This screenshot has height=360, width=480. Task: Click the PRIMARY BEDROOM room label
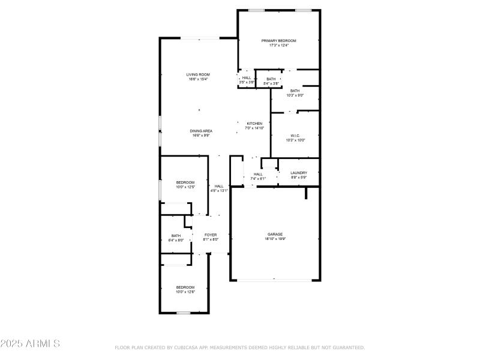click(279, 41)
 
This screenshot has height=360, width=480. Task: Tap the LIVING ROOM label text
click(197, 74)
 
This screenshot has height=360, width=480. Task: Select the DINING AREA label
click(201, 131)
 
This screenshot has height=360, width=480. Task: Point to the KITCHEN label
click(254, 124)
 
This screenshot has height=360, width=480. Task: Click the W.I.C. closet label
click(295, 136)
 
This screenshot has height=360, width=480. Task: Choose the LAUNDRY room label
click(299, 173)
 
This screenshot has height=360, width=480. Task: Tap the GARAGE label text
click(275, 234)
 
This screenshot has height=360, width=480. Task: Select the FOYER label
click(211, 235)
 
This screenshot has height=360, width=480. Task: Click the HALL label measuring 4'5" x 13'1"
click(219, 186)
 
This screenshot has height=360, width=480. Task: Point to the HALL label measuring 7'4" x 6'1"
click(258, 175)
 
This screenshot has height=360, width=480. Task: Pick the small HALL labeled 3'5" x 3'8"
click(247, 78)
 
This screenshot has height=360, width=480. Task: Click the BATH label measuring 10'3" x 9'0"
click(295, 91)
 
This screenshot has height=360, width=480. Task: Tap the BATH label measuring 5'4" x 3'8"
click(271, 79)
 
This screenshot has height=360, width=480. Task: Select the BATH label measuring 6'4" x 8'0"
click(176, 236)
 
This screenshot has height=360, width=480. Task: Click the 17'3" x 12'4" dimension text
click(279, 46)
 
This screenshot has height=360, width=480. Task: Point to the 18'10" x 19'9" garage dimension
click(275, 239)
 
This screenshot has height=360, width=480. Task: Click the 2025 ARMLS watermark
click(30, 344)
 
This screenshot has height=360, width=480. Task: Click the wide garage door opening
click(275, 280)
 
